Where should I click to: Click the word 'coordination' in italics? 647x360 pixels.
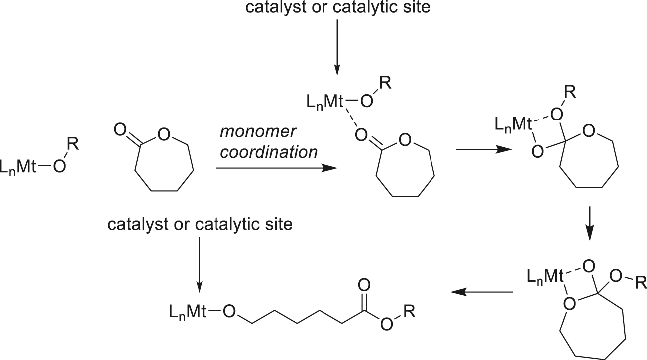click(x=269, y=152)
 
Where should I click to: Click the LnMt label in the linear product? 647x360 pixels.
click(x=187, y=313)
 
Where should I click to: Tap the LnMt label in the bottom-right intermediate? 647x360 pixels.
click(x=544, y=275)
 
